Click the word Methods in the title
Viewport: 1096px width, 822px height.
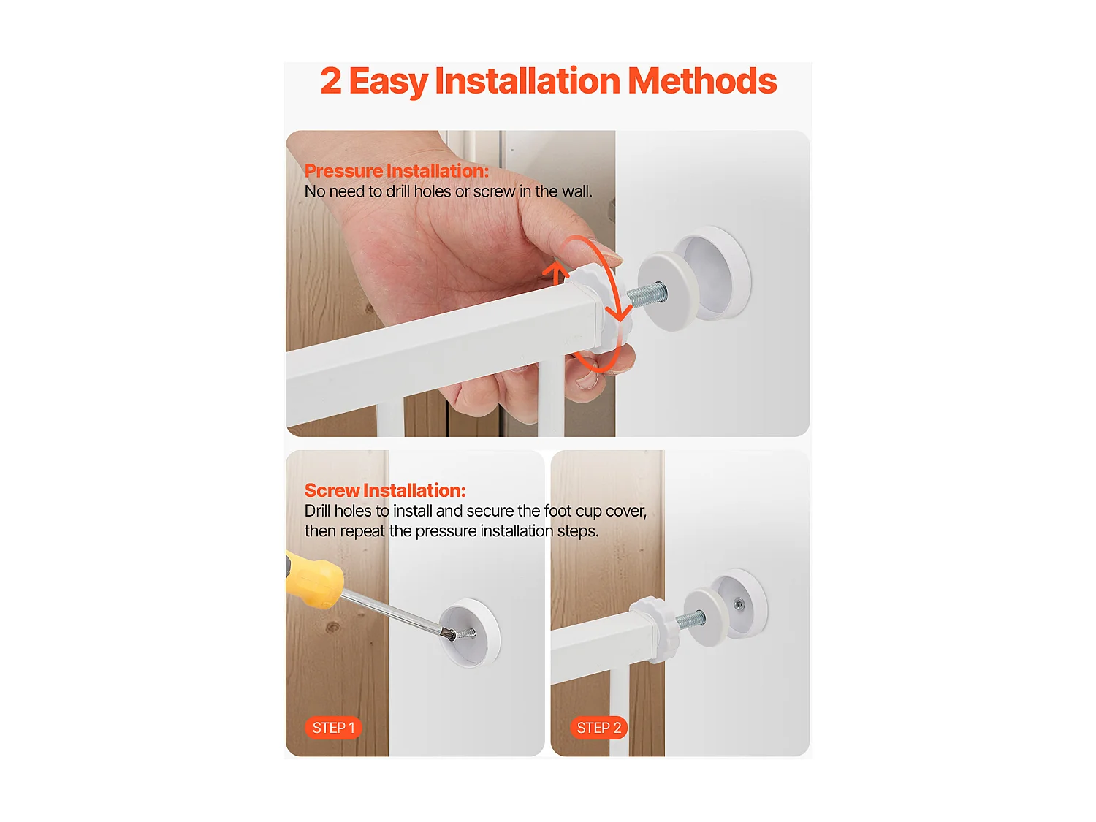point(701,80)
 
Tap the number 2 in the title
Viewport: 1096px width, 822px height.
point(331,81)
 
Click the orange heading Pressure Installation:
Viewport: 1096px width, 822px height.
point(397,171)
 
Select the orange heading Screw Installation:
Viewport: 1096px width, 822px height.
point(385,490)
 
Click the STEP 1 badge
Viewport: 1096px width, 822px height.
point(333,728)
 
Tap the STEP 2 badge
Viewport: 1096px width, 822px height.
point(598,728)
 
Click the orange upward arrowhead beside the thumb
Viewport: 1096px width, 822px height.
point(555,271)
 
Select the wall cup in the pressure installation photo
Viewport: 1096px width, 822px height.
point(712,273)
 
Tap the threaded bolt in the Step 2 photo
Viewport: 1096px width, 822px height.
point(690,620)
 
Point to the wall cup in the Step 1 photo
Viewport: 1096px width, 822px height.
point(470,632)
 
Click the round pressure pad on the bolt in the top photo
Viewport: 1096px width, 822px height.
point(668,291)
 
